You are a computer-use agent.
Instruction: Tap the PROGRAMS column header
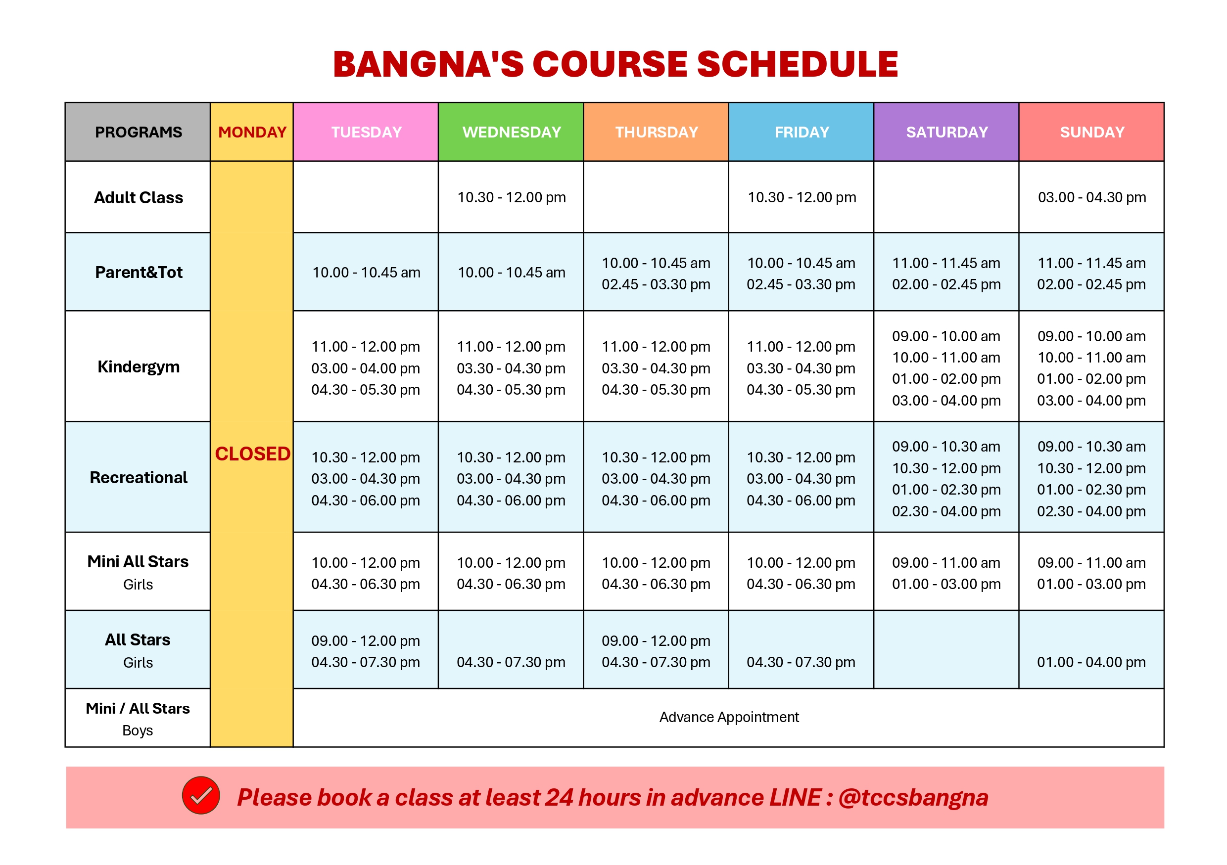pos(139,132)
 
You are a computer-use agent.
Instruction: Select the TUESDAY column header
pos(366,132)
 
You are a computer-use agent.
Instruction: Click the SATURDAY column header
pos(947,132)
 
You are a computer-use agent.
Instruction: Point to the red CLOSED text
pos(252,454)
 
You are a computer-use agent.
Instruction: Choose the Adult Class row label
pos(139,198)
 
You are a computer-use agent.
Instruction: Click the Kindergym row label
pos(139,367)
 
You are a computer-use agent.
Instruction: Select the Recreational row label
pos(139,477)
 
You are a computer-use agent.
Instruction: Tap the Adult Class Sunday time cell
pos(1092,197)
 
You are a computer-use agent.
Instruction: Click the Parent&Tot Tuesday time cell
pos(366,273)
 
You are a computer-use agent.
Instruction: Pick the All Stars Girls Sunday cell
pos(1091,662)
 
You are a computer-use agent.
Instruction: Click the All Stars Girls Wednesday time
pos(511,662)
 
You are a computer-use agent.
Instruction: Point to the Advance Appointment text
pos(729,717)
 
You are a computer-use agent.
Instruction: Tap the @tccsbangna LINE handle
pos(913,798)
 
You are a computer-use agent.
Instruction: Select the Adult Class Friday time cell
pos(802,197)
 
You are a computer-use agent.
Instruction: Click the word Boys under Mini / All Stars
pos(138,730)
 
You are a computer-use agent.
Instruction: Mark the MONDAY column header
pos(252,132)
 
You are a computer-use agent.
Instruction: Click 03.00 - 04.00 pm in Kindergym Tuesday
pos(366,368)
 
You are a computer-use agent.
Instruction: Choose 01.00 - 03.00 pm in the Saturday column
pos(946,584)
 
